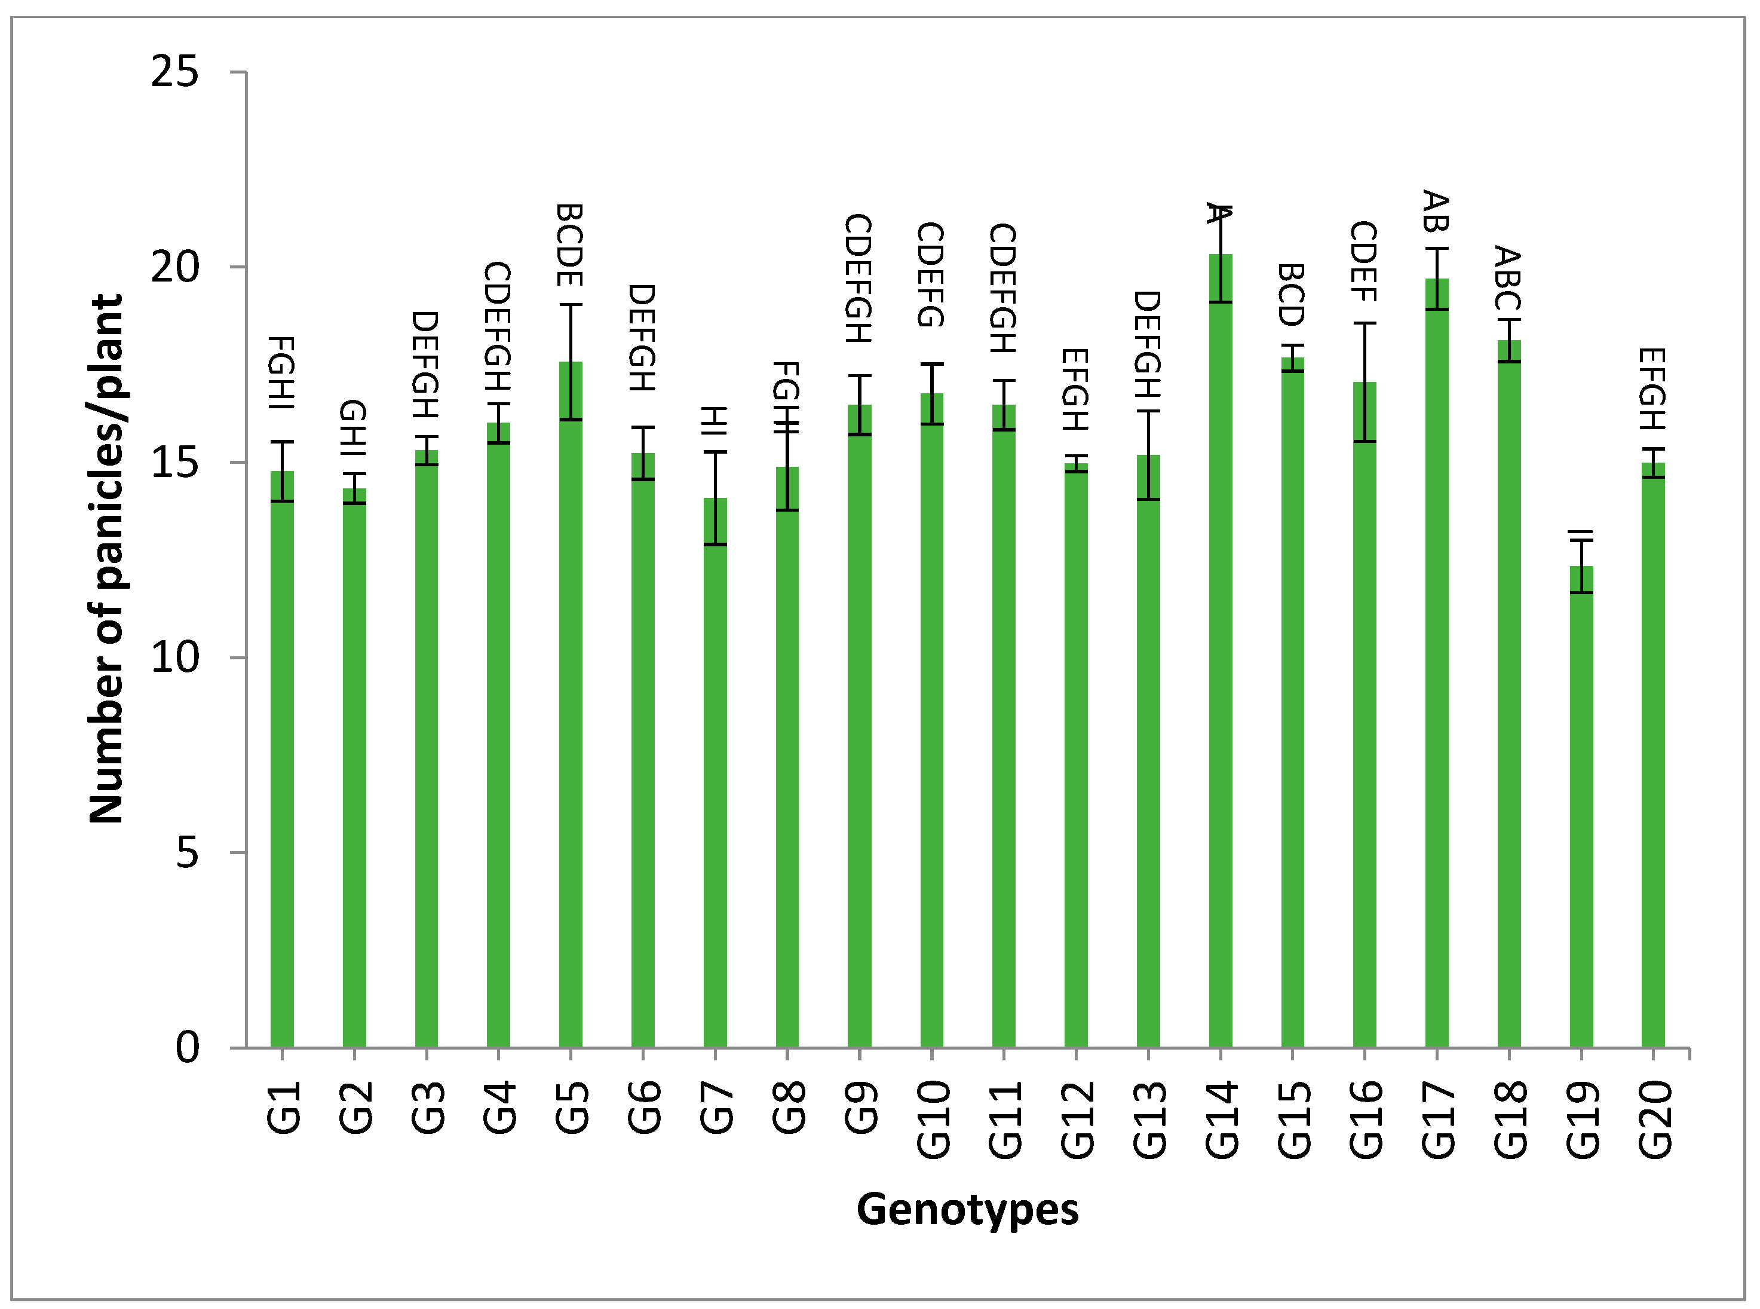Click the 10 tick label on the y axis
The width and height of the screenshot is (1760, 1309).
point(174,657)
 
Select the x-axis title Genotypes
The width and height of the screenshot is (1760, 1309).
point(967,1209)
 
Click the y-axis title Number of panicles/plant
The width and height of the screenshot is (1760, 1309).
point(107,559)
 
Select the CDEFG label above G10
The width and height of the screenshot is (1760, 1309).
point(931,275)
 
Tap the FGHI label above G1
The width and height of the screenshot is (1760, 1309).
point(282,372)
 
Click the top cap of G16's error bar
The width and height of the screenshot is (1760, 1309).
point(1364,323)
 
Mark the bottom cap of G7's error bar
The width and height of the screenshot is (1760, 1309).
point(715,545)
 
